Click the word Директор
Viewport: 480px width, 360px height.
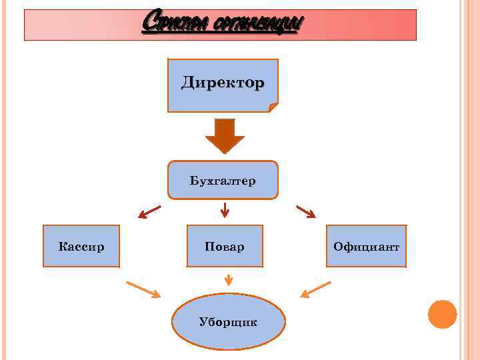(223, 83)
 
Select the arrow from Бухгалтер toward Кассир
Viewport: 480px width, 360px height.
(149, 212)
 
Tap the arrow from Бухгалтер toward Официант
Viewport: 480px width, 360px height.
(305, 211)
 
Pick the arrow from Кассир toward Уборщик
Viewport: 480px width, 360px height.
(143, 289)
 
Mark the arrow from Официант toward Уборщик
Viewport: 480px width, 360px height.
(315, 289)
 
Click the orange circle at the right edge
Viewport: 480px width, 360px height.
(442, 314)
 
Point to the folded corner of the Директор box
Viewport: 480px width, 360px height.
(273, 107)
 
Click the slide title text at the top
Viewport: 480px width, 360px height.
(223, 25)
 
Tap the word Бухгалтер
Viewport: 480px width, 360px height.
(223, 181)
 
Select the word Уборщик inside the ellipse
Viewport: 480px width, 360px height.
(229, 322)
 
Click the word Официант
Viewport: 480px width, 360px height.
(366, 247)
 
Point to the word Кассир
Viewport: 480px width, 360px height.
(81, 247)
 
